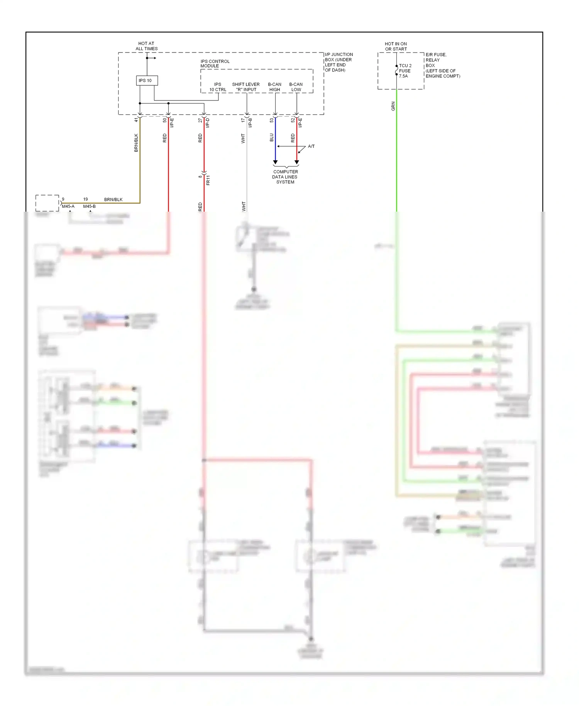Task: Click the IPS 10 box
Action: tap(147, 80)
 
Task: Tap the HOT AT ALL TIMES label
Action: tap(146, 46)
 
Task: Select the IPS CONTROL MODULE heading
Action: tap(215, 64)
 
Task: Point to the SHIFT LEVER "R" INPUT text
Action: tap(246, 87)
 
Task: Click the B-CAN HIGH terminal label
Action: tap(275, 87)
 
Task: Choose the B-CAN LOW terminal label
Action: tap(296, 87)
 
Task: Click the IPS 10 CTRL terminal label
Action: tap(218, 87)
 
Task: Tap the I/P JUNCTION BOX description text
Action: tap(339, 62)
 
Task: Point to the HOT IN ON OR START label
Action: tap(396, 46)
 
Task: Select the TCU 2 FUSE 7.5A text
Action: tap(405, 71)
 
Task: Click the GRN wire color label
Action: tap(393, 106)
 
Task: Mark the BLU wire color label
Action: tap(272, 138)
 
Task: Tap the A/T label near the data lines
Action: tap(311, 146)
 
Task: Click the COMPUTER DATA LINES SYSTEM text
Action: tap(285, 177)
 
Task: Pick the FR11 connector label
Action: tap(208, 180)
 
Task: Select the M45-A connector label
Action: tap(68, 206)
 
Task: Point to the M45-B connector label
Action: tap(89, 206)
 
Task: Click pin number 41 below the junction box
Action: tap(136, 120)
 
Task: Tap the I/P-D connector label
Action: tap(208, 123)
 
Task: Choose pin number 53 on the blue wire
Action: tap(272, 120)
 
